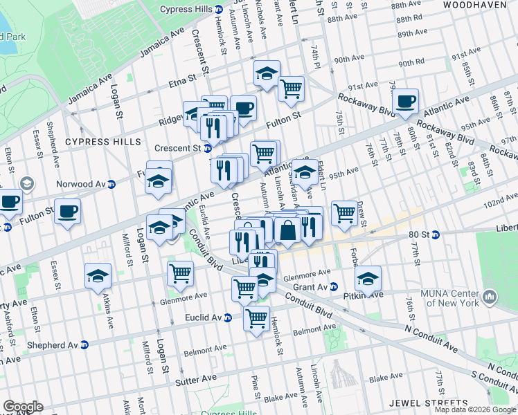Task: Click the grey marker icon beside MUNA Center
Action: pos(490,297)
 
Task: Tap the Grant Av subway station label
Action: pos(314,286)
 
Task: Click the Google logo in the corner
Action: pos(23,407)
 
